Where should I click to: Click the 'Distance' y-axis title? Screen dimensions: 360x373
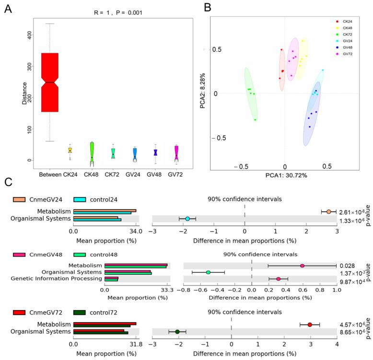[x=24, y=93]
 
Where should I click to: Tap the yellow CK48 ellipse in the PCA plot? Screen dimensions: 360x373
[x=302, y=58]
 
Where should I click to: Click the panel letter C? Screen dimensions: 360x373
[x=7, y=182]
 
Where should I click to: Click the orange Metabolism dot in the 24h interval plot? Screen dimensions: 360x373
[x=328, y=211]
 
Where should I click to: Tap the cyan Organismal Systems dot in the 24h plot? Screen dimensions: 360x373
[x=187, y=219]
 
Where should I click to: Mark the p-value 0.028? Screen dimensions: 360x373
[x=348, y=266]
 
